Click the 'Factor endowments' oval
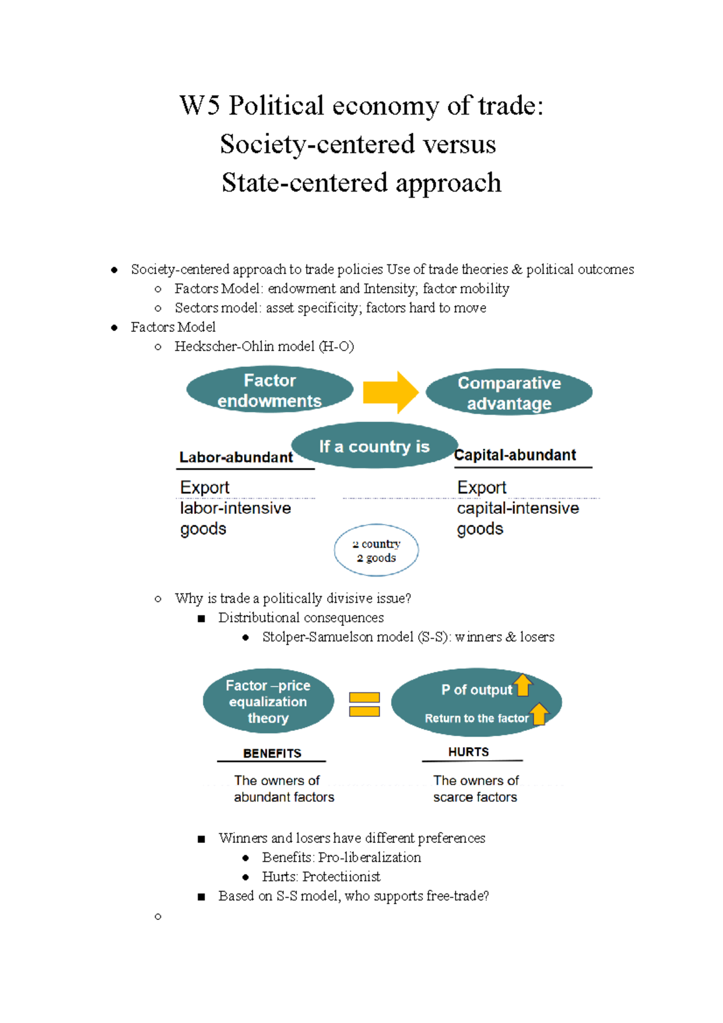pos(269,390)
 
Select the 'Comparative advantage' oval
pos(509,392)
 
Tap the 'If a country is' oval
pos(374,446)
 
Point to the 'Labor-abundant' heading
pos(236,457)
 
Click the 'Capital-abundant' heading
pos(516,455)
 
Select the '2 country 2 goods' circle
pos(377,550)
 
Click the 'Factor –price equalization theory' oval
pos(268,701)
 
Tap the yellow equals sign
pos(365,704)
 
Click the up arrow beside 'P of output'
pos(523,685)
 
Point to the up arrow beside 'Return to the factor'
pos(539,714)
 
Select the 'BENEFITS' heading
pos(272,753)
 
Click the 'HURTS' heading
pos(469,752)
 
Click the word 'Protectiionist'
pos(342,877)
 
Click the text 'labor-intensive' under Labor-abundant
pos(235,508)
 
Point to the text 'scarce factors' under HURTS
pos(475,797)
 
